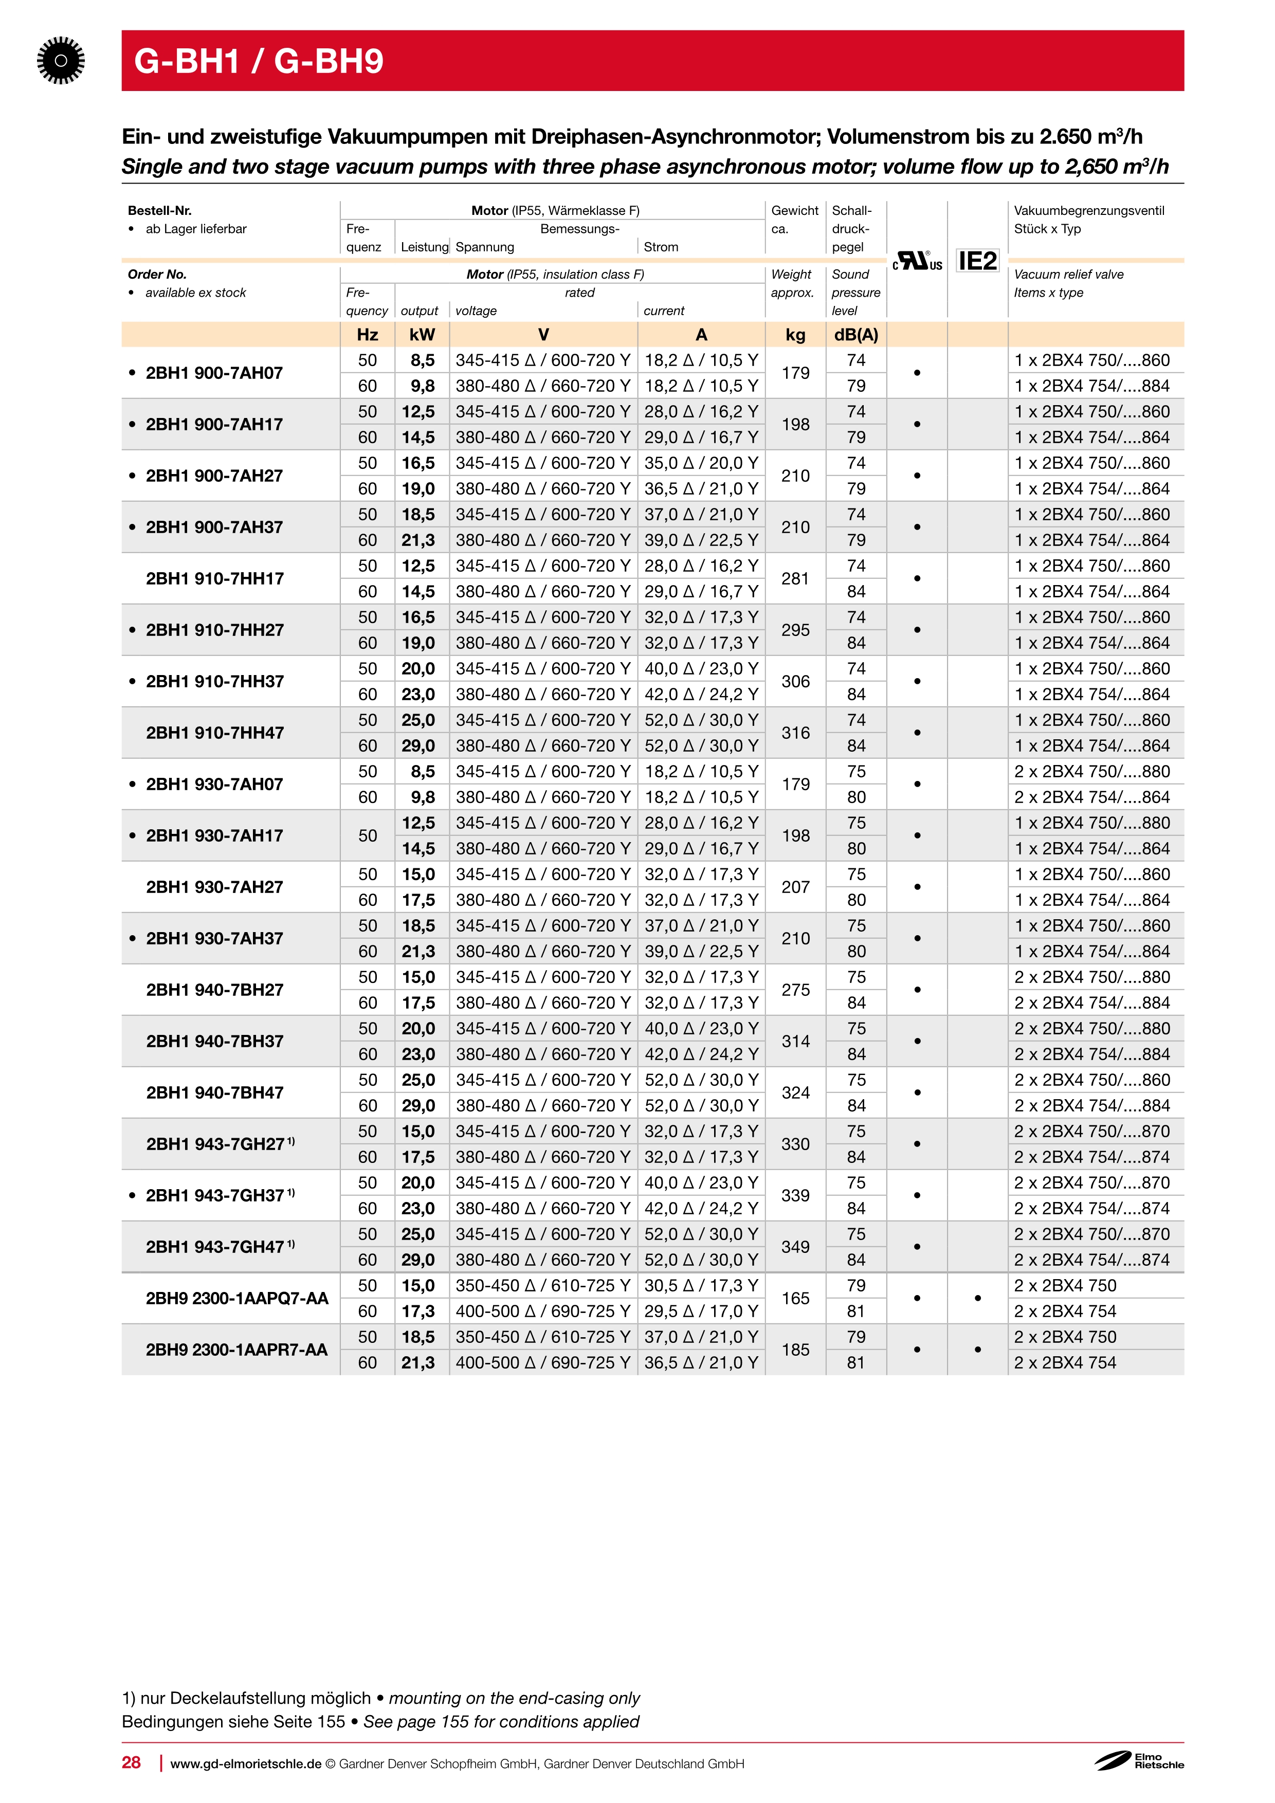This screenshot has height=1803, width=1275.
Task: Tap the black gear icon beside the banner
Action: tap(61, 61)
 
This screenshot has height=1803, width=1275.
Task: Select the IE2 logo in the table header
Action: tap(977, 261)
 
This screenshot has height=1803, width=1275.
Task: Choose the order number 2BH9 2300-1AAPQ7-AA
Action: tap(236, 1298)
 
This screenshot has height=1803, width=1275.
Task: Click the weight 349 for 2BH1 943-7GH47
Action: tap(795, 1247)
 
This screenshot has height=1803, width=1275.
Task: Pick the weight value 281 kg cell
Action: tap(795, 579)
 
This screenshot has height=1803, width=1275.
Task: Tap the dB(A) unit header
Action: tap(856, 335)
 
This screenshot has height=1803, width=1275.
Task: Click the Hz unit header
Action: tap(368, 335)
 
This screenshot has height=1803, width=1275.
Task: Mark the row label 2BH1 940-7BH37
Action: tap(214, 1041)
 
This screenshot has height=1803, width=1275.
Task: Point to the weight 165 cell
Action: tap(795, 1298)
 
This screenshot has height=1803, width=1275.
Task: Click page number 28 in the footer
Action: tap(131, 1762)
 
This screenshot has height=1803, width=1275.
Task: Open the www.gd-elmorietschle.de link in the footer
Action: tap(246, 1764)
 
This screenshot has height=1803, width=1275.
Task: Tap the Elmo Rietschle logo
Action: tap(1139, 1761)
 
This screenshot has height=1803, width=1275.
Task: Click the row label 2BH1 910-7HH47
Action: tap(214, 733)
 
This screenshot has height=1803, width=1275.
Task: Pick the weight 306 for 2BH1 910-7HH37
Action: tap(795, 682)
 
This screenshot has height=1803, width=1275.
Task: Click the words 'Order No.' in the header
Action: tap(157, 274)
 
